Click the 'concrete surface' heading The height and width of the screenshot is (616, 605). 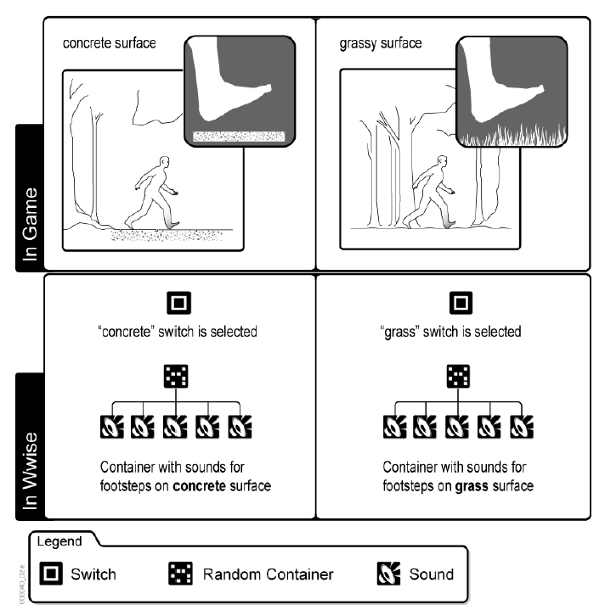[x=109, y=42]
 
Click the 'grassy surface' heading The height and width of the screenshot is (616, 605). [x=380, y=42]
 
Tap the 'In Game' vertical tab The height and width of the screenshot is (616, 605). [x=30, y=198]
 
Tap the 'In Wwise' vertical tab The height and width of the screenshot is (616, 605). [x=30, y=445]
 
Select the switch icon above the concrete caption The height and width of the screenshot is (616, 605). [x=179, y=302]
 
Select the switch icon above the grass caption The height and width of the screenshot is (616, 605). [x=460, y=302]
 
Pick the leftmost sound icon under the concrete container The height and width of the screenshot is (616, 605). [x=112, y=423]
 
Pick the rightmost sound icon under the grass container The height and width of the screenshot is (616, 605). [x=520, y=423]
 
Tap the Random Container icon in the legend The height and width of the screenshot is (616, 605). [x=180, y=574]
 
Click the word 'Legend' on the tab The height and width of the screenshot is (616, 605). [x=59, y=541]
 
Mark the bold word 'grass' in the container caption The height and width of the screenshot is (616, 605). [x=471, y=486]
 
